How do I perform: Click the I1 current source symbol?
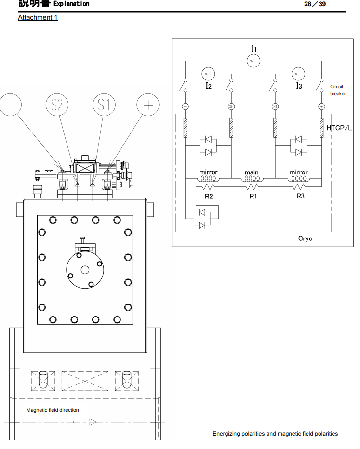coord(253,61)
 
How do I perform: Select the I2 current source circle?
coord(208,74)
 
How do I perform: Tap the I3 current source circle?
coord(298,74)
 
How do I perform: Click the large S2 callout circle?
coord(57,105)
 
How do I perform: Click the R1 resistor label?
coord(253,197)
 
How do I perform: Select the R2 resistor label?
coord(209,197)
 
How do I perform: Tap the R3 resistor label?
coord(300,197)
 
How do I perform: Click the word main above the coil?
coord(252,172)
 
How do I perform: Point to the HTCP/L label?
coord(339,128)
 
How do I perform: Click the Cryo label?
coord(305,238)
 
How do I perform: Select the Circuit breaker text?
coord(337,91)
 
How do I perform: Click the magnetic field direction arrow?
coord(85,422)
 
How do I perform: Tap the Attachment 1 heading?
coord(38,18)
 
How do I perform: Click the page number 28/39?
coord(316,4)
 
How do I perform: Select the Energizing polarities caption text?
coord(275,434)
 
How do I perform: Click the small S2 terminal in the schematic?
coord(231,106)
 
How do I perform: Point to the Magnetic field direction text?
coord(53,410)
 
